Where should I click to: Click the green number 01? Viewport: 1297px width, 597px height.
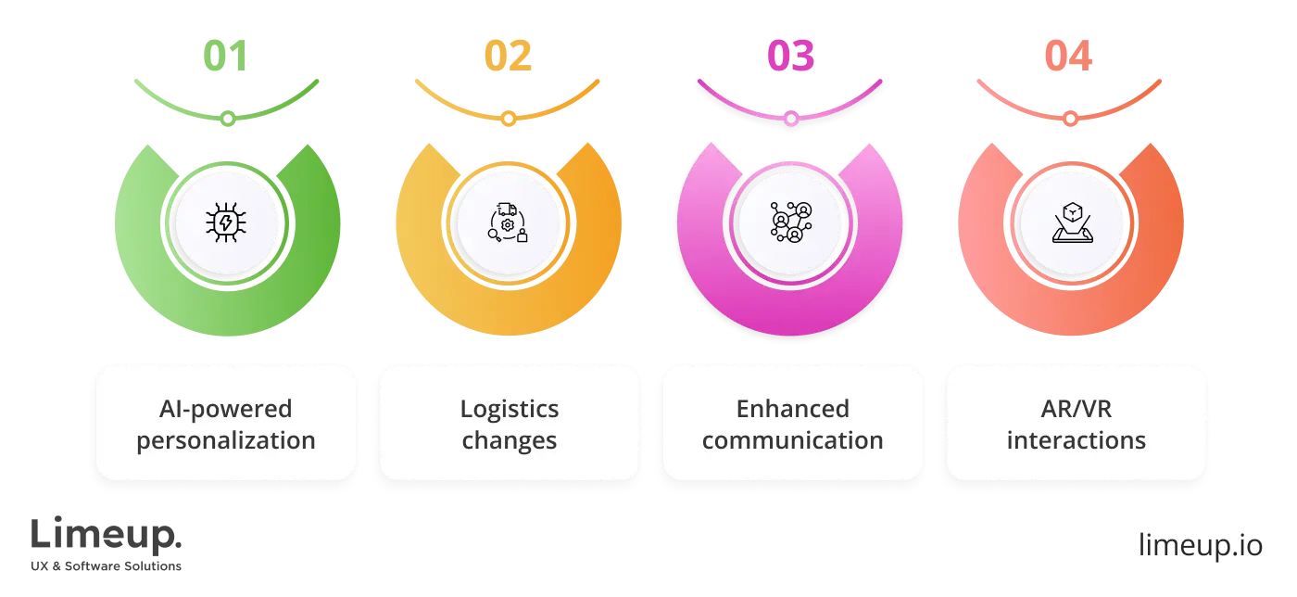tap(226, 57)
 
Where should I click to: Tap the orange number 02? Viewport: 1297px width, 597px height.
tap(508, 57)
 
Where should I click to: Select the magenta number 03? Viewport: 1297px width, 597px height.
tap(790, 57)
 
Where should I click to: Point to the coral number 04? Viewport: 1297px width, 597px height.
tap(1070, 57)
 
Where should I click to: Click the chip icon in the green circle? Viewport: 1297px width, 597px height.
tap(226, 223)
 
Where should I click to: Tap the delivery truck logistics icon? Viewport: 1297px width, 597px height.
tap(508, 223)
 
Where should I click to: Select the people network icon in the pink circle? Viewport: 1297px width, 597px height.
tap(790, 223)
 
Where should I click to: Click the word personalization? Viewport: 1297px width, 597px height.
tap(226, 439)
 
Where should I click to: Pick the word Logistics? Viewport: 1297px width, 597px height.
tap(510, 408)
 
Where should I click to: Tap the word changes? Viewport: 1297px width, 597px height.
tap(510, 439)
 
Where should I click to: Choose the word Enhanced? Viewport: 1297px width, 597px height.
tap(792, 408)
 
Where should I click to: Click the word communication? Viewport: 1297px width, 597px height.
tap(792, 439)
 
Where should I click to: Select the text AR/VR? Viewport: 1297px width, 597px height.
tap(1076, 408)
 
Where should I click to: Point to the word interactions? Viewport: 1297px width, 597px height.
tap(1076, 439)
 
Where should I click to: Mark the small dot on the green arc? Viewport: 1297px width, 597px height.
tap(228, 119)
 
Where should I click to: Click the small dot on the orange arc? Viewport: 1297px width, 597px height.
tap(508, 119)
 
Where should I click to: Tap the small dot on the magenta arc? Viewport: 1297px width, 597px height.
tap(790, 119)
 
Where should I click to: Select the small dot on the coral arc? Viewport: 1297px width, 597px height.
tap(1070, 119)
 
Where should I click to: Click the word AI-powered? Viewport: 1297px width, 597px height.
tap(226, 408)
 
